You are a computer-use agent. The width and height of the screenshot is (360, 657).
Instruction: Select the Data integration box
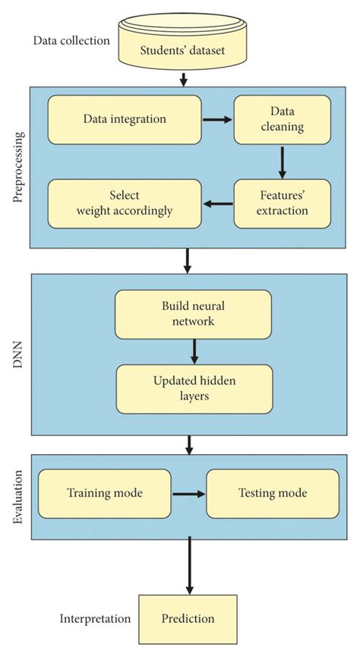(x=125, y=119)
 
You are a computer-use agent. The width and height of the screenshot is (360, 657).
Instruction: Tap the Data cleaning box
(x=282, y=119)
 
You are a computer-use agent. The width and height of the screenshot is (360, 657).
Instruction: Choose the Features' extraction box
(x=282, y=204)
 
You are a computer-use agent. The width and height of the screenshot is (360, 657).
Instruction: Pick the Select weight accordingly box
(x=125, y=204)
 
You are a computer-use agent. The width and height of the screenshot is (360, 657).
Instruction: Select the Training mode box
(x=105, y=493)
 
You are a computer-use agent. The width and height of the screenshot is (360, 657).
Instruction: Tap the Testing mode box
(x=273, y=493)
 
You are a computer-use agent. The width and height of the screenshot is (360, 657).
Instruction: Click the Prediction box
(x=188, y=618)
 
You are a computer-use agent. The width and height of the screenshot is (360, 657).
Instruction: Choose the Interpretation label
(x=95, y=619)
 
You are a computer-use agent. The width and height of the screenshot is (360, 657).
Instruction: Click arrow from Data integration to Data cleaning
(x=217, y=119)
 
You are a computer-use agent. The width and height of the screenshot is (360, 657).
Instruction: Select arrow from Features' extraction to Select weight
(x=217, y=204)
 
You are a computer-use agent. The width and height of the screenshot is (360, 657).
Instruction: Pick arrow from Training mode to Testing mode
(x=189, y=494)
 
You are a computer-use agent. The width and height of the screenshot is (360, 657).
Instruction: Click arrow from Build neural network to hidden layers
(x=195, y=351)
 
